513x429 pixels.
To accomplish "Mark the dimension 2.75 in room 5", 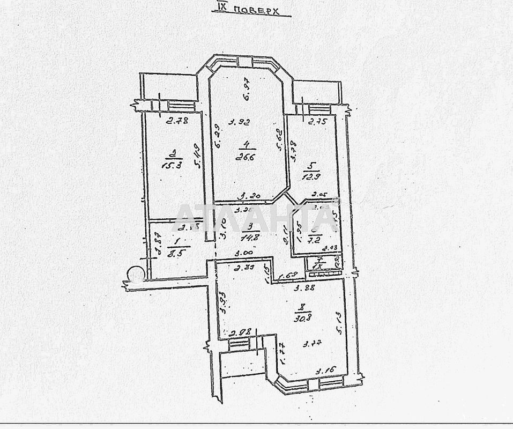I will [318, 122].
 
